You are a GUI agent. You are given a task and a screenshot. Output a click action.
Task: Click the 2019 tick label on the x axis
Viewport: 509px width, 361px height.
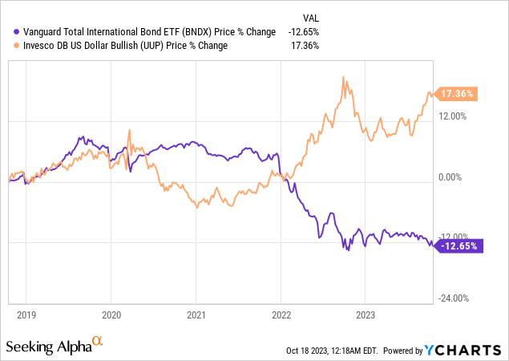point(26,315)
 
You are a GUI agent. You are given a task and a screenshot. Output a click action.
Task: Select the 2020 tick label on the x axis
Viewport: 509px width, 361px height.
point(111,315)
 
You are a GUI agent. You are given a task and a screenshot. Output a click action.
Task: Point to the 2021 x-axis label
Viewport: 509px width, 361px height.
point(196,315)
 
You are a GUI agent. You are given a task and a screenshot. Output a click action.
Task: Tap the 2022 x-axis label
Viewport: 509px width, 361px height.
point(281,315)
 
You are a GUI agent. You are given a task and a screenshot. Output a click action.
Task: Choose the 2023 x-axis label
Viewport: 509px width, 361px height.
point(366,315)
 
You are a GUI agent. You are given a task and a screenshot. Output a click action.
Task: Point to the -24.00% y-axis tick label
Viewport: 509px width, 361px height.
point(454,299)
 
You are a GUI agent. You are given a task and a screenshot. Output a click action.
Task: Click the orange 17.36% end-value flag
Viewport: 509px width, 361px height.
point(458,94)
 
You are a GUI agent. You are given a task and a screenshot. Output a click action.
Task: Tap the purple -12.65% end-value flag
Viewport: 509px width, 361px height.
point(459,246)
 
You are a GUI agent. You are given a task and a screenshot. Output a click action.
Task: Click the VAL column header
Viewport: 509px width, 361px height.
point(309,17)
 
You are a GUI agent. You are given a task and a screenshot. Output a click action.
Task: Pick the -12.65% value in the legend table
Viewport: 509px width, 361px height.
point(304,31)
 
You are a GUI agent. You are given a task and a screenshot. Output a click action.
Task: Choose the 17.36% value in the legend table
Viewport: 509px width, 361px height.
point(305,46)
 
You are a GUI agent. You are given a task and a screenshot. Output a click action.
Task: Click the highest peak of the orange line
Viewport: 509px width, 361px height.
point(344,77)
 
